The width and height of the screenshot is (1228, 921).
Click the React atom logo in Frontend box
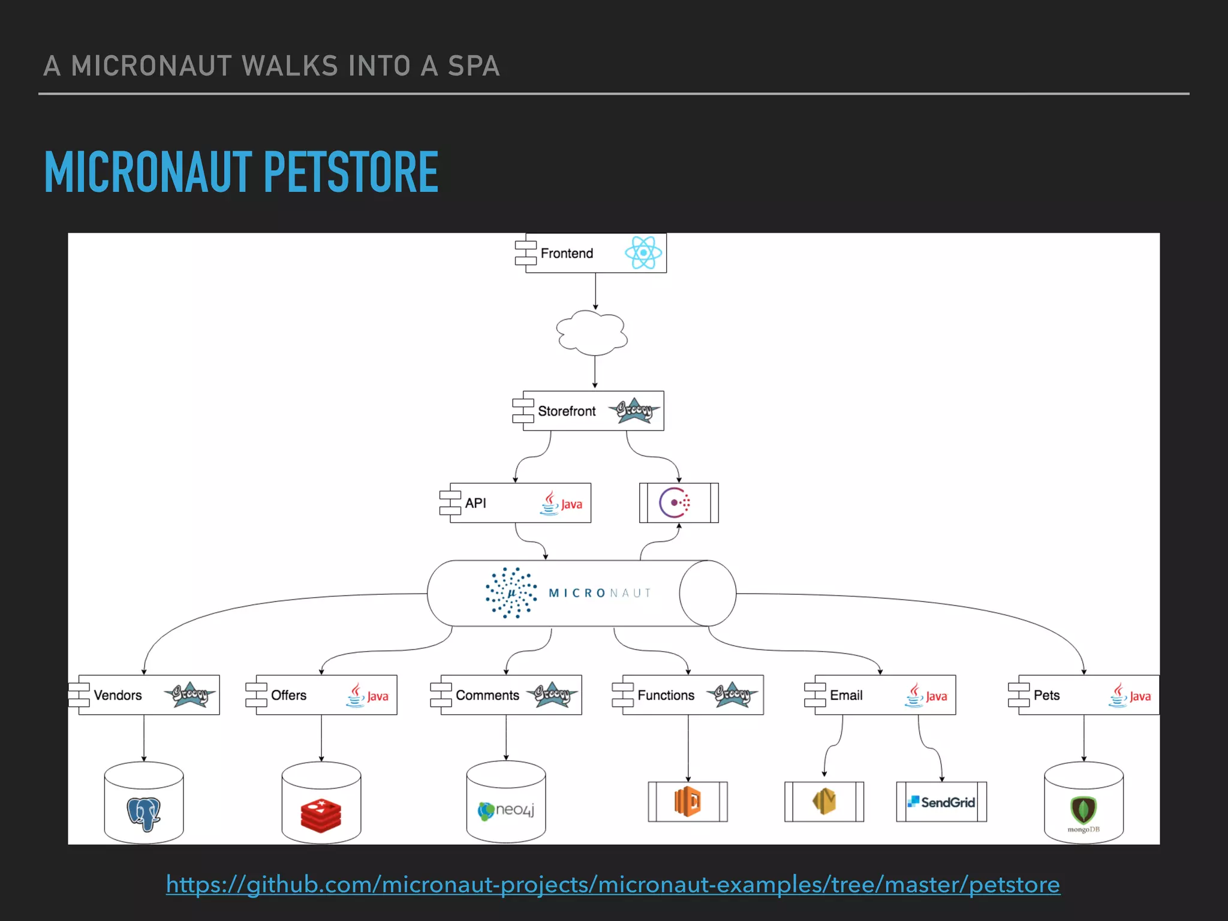click(x=643, y=252)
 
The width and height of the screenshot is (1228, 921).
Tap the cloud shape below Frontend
click(x=592, y=333)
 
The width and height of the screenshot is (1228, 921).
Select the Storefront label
click(x=567, y=411)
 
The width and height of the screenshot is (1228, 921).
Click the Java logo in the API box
click(x=561, y=504)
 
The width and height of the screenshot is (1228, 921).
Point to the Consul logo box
click(x=678, y=502)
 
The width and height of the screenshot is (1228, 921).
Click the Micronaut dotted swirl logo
click(x=511, y=592)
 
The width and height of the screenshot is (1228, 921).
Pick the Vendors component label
click(x=118, y=695)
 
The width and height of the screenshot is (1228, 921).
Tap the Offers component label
click(x=288, y=695)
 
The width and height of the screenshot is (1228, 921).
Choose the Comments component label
click(x=487, y=695)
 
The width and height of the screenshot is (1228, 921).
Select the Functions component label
click(x=666, y=695)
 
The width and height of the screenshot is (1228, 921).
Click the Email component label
click(x=846, y=695)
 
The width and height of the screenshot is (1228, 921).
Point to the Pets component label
click(x=1046, y=695)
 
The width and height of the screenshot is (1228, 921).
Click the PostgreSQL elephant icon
click(x=144, y=814)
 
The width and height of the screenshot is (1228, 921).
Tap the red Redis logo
click(x=321, y=815)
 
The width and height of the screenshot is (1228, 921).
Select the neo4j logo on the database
click(x=505, y=811)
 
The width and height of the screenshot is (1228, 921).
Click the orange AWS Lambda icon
click(x=688, y=801)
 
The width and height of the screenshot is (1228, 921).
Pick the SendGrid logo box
click(x=941, y=802)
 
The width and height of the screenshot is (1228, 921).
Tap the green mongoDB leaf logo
click(x=1083, y=810)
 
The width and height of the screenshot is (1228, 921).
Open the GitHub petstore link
click(x=613, y=884)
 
